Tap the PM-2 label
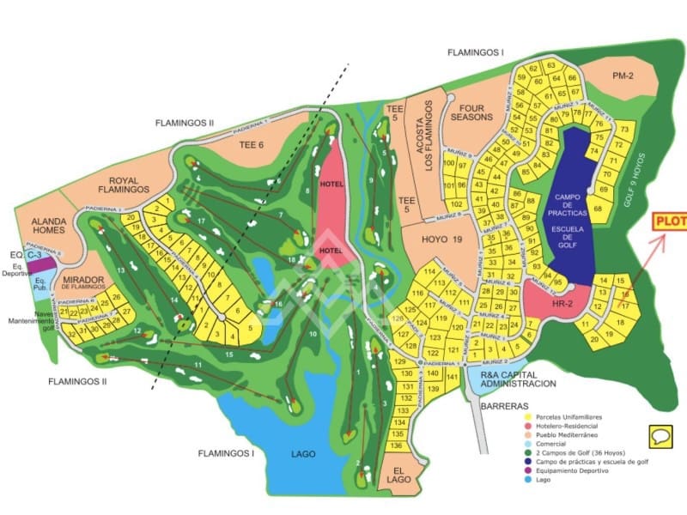pyautogui.click(x=623, y=76)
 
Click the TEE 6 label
pyautogui.click(x=249, y=145)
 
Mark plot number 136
pyautogui.click(x=396, y=445)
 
